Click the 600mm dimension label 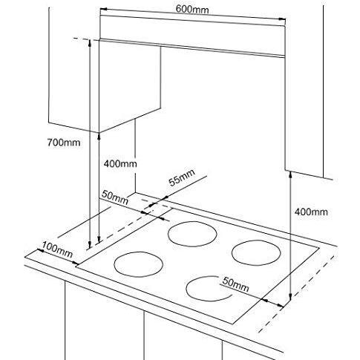192,9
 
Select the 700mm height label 64,143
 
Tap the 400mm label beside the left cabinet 120,164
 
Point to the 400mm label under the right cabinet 311,212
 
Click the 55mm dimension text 182,177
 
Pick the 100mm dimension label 57,250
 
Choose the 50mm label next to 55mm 115,197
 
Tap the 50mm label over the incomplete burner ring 235,284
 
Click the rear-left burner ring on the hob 192,221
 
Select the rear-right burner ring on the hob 256,240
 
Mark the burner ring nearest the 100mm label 138,252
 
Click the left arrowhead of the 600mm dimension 103,9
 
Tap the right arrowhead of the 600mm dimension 282,19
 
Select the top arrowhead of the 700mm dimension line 90,42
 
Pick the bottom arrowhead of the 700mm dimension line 90,245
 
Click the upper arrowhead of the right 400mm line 290,174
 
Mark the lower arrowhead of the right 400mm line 290,296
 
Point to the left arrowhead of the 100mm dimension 40,251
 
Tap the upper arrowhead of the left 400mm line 99,136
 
